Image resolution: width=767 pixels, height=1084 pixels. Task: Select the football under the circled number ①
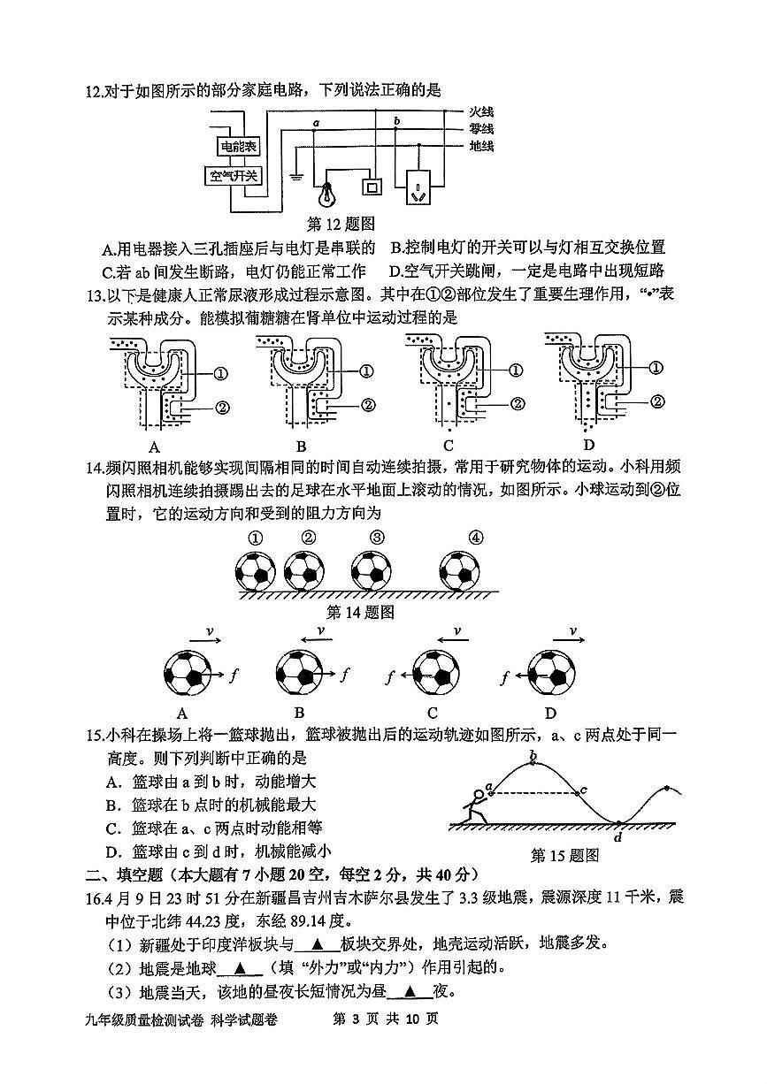[x=256, y=571]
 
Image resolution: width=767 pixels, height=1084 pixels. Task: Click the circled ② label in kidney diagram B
[x=365, y=405]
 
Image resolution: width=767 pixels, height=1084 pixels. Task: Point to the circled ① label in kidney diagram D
[x=656, y=368]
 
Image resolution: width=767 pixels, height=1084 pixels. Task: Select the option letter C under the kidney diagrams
[x=448, y=445]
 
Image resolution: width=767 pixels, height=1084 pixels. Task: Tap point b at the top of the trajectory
[x=533, y=754]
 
